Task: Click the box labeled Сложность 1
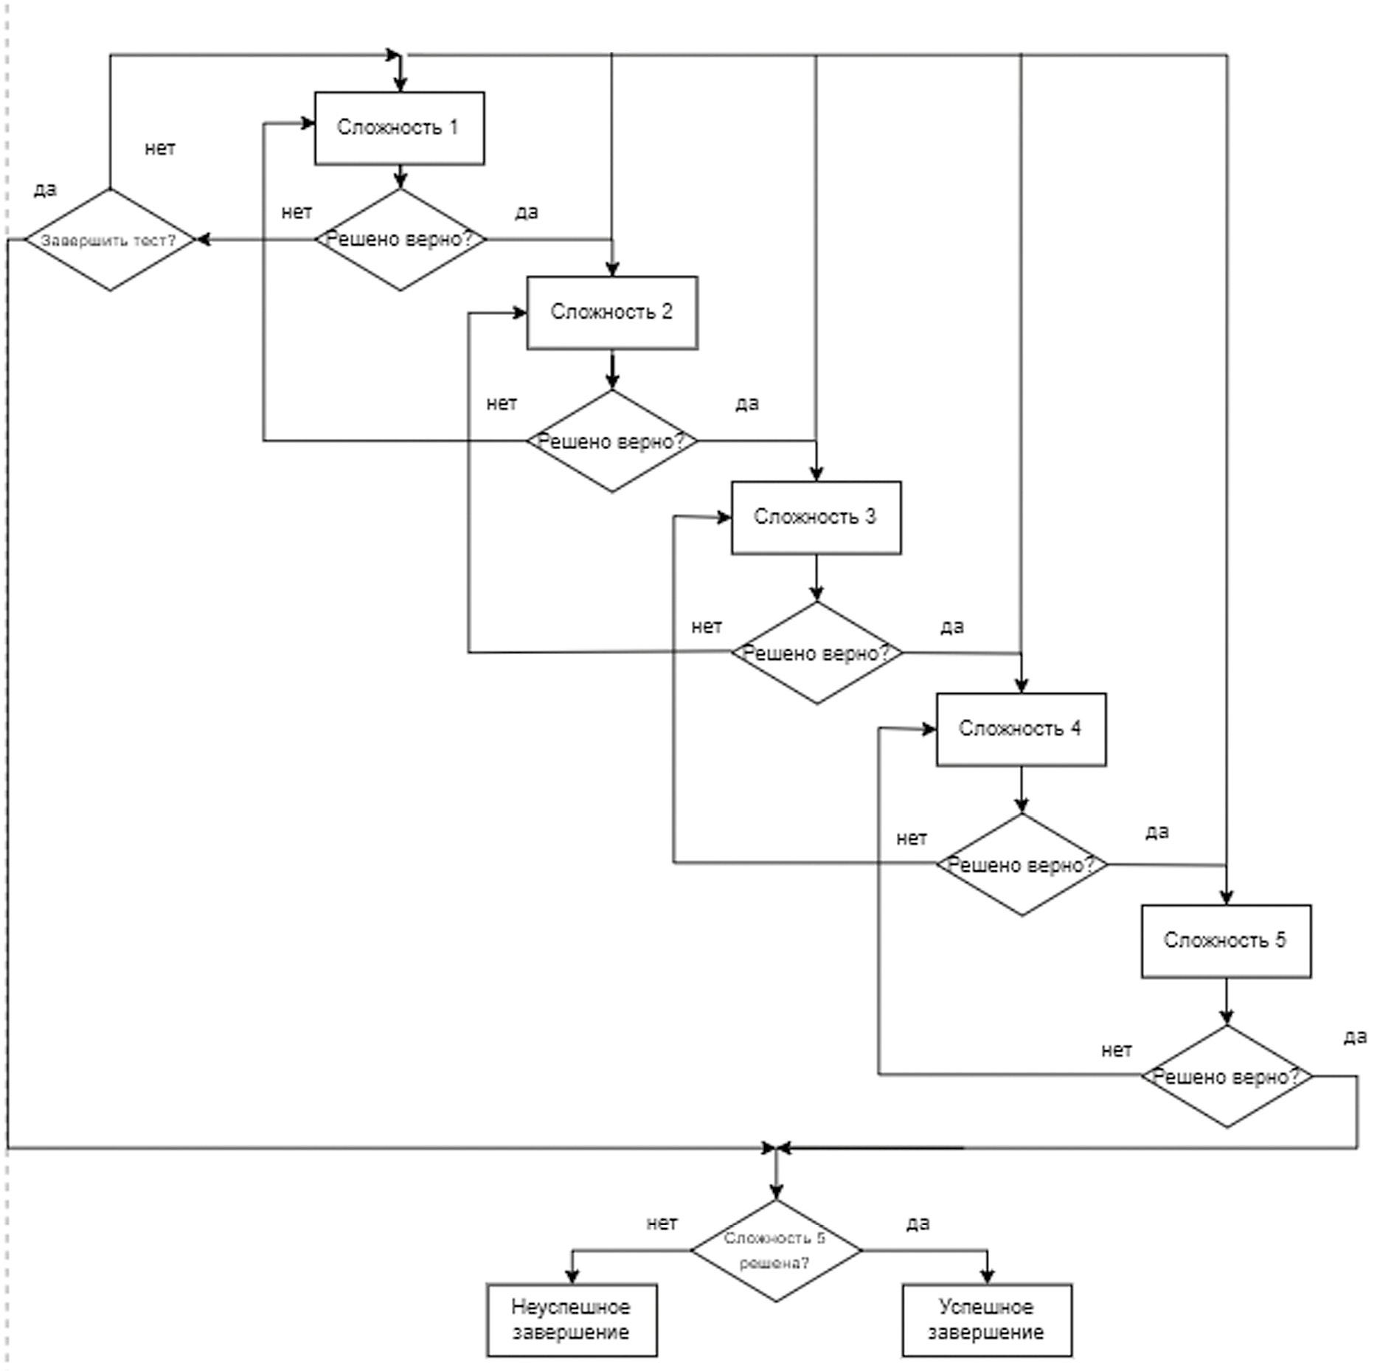click(x=399, y=128)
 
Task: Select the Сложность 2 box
click(x=611, y=312)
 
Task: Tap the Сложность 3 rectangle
click(x=815, y=517)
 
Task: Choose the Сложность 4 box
click(x=1021, y=729)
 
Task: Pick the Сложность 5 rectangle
click(x=1225, y=940)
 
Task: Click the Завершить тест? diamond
click(x=109, y=240)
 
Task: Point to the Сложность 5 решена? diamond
click(x=775, y=1250)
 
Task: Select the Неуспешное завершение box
click(x=571, y=1319)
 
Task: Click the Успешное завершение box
click(x=986, y=1319)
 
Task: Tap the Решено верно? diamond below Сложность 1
click(x=400, y=240)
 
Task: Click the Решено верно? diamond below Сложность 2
click(x=611, y=441)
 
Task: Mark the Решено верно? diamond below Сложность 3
click(x=816, y=653)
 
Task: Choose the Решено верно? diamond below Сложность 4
click(x=1021, y=864)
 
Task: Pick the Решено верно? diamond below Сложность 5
click(x=1226, y=1077)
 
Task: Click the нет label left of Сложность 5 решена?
click(x=662, y=1223)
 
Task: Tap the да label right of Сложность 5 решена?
click(x=918, y=1223)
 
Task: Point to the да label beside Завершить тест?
click(x=45, y=190)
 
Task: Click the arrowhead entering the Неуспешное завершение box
click(x=572, y=1277)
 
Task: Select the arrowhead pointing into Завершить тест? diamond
click(x=201, y=240)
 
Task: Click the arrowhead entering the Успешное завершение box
click(x=987, y=1277)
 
